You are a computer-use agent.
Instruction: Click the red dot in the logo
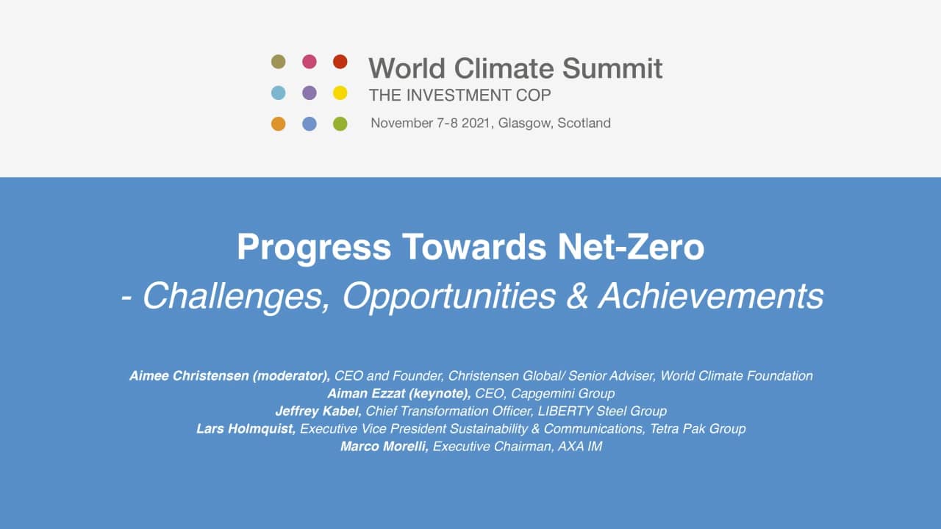coord(340,62)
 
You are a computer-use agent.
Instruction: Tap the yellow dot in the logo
coord(340,93)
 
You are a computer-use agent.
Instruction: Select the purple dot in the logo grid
coord(310,93)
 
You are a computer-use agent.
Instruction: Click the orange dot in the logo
coord(279,124)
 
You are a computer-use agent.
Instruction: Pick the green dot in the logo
coord(340,124)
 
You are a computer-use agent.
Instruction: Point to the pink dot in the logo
coord(310,62)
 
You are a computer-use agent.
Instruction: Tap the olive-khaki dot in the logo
coord(279,62)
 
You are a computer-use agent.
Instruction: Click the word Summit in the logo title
coord(612,68)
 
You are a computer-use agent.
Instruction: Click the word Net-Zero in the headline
coord(631,248)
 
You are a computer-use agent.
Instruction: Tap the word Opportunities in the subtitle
coord(449,296)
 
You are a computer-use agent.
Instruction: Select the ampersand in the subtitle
coord(577,296)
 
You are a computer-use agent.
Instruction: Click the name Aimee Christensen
coord(189,375)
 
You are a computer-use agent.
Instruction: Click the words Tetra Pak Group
coord(698,428)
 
